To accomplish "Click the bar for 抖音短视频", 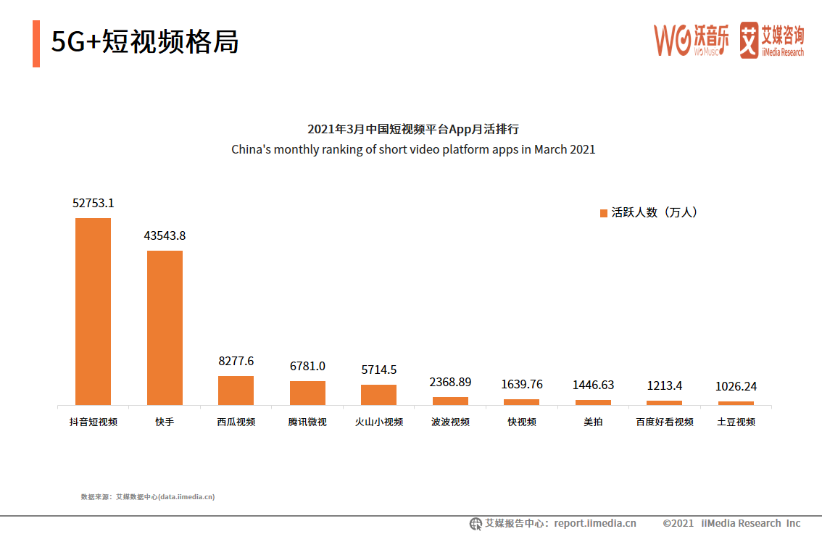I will (93, 312).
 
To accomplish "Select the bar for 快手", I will (165, 328).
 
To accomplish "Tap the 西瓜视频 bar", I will (236, 391).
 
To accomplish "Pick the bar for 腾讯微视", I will (307, 393).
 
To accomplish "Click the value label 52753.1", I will (93, 204).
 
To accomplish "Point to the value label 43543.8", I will (165, 236).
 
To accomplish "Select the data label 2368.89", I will (450, 382).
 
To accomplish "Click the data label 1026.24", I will (736, 387).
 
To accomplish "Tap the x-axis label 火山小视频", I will (378, 422).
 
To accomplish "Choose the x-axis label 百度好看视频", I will (664, 422).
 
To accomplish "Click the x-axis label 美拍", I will (593, 422).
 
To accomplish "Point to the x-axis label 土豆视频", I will (736, 422).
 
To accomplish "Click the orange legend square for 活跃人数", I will (603, 213).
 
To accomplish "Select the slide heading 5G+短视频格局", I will (145, 43).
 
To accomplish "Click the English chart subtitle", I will (413, 150).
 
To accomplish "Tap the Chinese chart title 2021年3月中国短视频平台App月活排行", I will (413, 129).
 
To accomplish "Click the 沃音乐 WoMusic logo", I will (692, 40).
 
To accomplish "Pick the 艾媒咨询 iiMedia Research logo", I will (771, 40).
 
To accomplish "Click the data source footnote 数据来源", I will (148, 497).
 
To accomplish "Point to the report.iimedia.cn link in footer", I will (595, 523).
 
